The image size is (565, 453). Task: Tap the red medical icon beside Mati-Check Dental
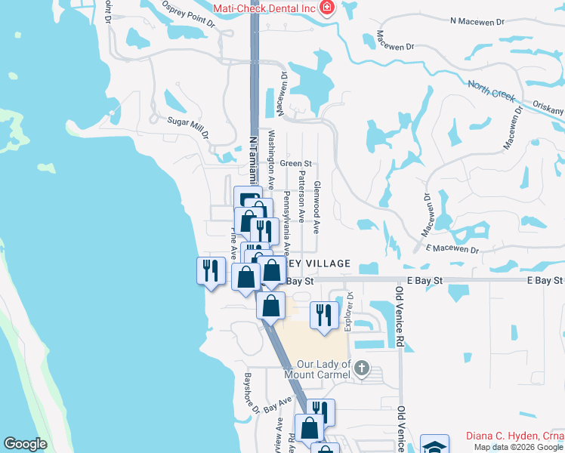point(327,8)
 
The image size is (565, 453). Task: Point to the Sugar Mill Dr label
point(187,125)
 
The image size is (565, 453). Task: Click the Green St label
point(295,163)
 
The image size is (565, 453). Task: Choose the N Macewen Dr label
point(477,22)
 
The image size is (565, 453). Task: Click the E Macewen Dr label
point(452,248)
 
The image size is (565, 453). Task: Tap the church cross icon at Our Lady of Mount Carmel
point(362,368)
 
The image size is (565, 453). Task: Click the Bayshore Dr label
point(252,393)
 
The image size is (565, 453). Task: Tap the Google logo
point(25,444)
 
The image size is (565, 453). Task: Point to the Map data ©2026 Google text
point(517,447)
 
